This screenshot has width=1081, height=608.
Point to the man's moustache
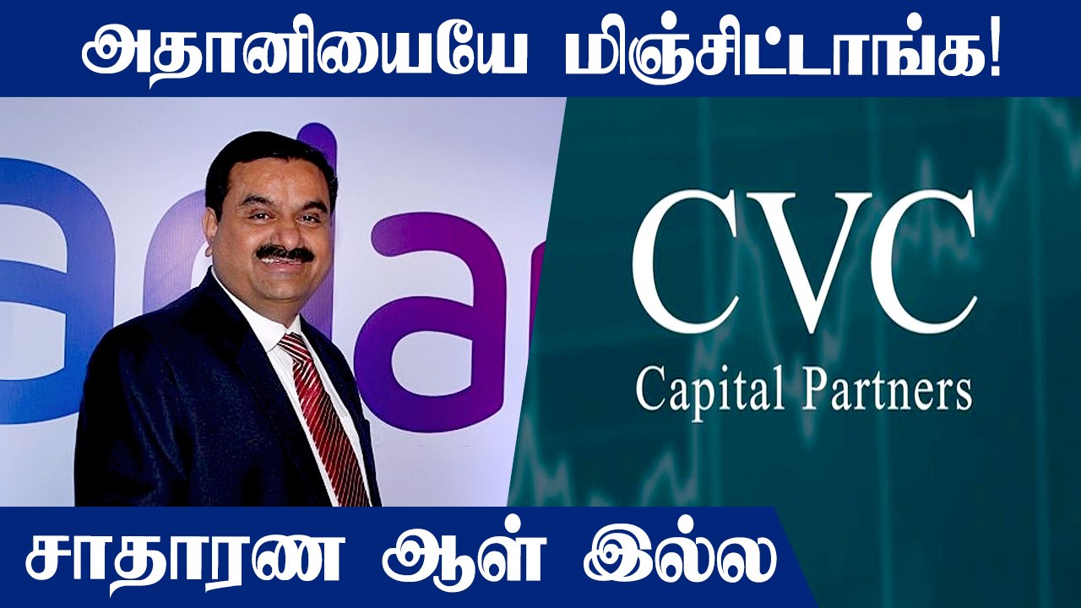(x=284, y=252)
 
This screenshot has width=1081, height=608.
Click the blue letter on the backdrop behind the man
(x=51, y=279)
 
